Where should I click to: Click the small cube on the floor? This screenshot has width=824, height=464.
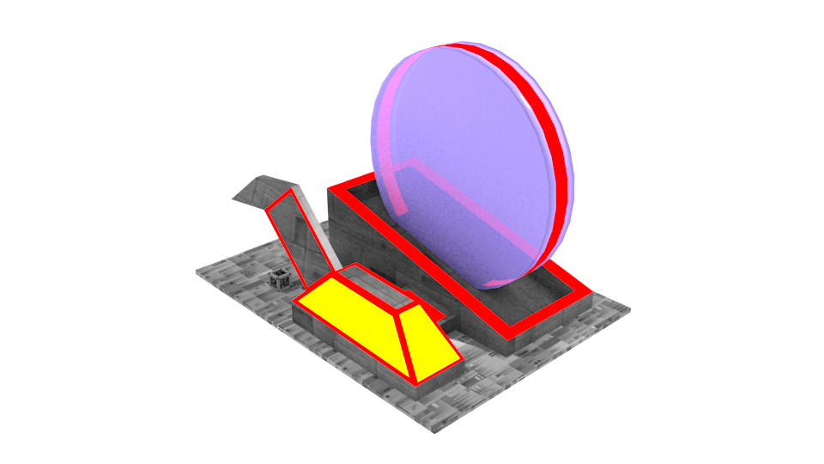pos(278,278)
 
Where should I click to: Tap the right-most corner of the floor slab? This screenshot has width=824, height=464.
pos(630,308)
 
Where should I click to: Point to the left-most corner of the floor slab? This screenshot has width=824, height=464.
pos(197,272)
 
